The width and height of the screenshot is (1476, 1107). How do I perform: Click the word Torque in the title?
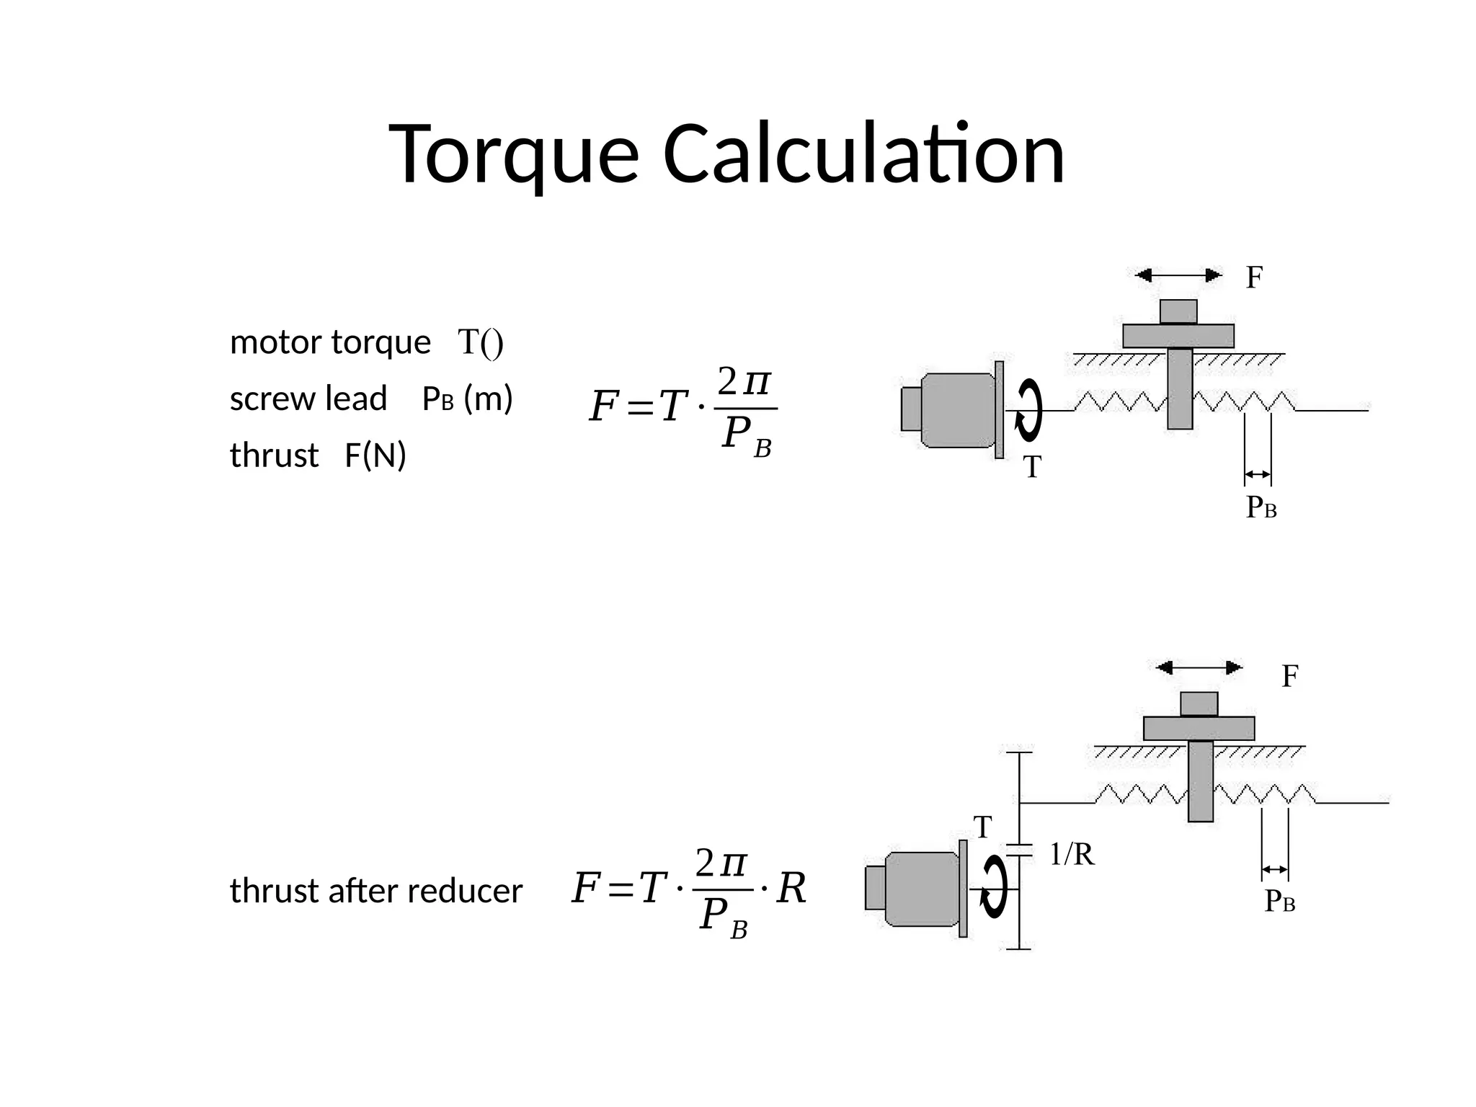point(514,155)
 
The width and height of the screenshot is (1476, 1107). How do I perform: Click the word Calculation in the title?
point(863,155)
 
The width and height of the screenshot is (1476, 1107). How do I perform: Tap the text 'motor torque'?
point(329,342)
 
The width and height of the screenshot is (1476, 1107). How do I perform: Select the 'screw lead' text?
point(308,399)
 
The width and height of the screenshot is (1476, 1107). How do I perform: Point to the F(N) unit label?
point(375,455)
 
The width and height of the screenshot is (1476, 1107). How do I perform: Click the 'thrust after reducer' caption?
point(375,891)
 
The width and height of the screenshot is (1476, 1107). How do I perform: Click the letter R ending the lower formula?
point(791,888)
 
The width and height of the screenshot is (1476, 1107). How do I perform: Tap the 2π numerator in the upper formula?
point(744,382)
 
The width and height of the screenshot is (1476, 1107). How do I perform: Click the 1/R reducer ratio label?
point(1072,855)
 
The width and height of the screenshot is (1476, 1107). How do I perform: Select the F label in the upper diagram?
point(1254,277)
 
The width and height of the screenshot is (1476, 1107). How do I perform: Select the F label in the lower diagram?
point(1289,676)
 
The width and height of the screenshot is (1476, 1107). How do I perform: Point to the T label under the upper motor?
point(1032,467)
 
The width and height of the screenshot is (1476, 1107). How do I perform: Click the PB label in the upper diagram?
point(1261,508)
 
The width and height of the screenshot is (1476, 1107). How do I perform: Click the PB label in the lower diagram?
point(1280,902)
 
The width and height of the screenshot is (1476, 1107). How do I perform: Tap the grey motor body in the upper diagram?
point(956,410)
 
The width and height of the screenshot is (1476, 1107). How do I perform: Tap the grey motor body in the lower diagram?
point(921,889)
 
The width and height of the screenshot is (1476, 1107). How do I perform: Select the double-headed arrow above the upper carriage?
point(1178,275)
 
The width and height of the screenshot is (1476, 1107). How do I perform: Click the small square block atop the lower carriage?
point(1199,703)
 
